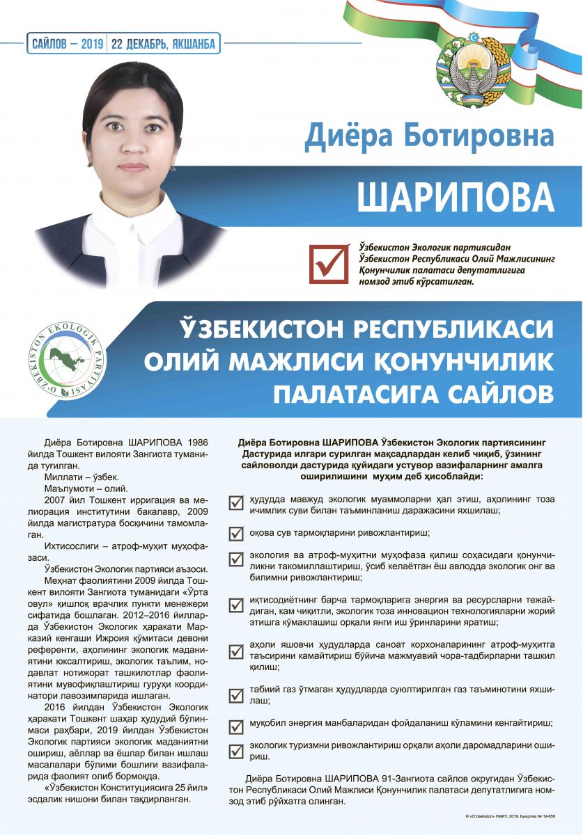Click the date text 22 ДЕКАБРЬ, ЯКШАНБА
pyautogui.click(x=165, y=44)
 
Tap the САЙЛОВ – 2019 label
pyautogui.click(x=68, y=44)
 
